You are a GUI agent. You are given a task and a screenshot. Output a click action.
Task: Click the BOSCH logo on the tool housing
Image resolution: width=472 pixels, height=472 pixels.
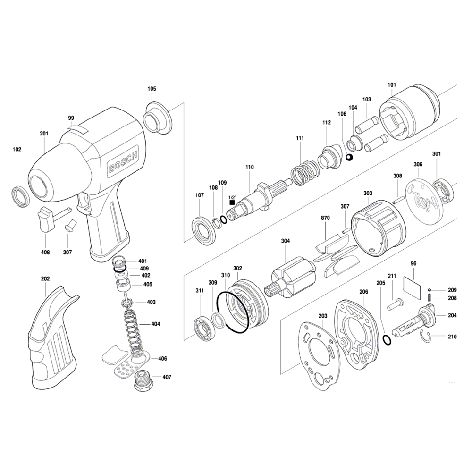(x=124, y=162)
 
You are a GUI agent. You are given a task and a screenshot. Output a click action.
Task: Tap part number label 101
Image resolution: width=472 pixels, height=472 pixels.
(x=392, y=85)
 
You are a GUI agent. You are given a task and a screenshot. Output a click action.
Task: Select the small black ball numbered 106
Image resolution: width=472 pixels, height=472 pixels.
(x=349, y=157)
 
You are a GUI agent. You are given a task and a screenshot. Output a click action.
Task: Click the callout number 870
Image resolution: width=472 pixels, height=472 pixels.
(x=325, y=218)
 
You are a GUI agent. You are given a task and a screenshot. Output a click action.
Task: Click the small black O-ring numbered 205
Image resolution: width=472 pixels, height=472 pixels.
(x=387, y=339)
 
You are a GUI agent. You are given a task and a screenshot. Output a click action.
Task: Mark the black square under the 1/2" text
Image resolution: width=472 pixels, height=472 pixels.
(x=232, y=202)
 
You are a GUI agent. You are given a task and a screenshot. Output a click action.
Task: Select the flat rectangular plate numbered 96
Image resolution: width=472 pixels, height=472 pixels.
(x=412, y=287)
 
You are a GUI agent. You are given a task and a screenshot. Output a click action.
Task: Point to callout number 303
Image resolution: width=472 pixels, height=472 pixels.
(x=368, y=193)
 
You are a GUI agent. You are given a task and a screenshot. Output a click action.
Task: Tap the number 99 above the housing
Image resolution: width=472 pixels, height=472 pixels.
(x=71, y=118)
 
